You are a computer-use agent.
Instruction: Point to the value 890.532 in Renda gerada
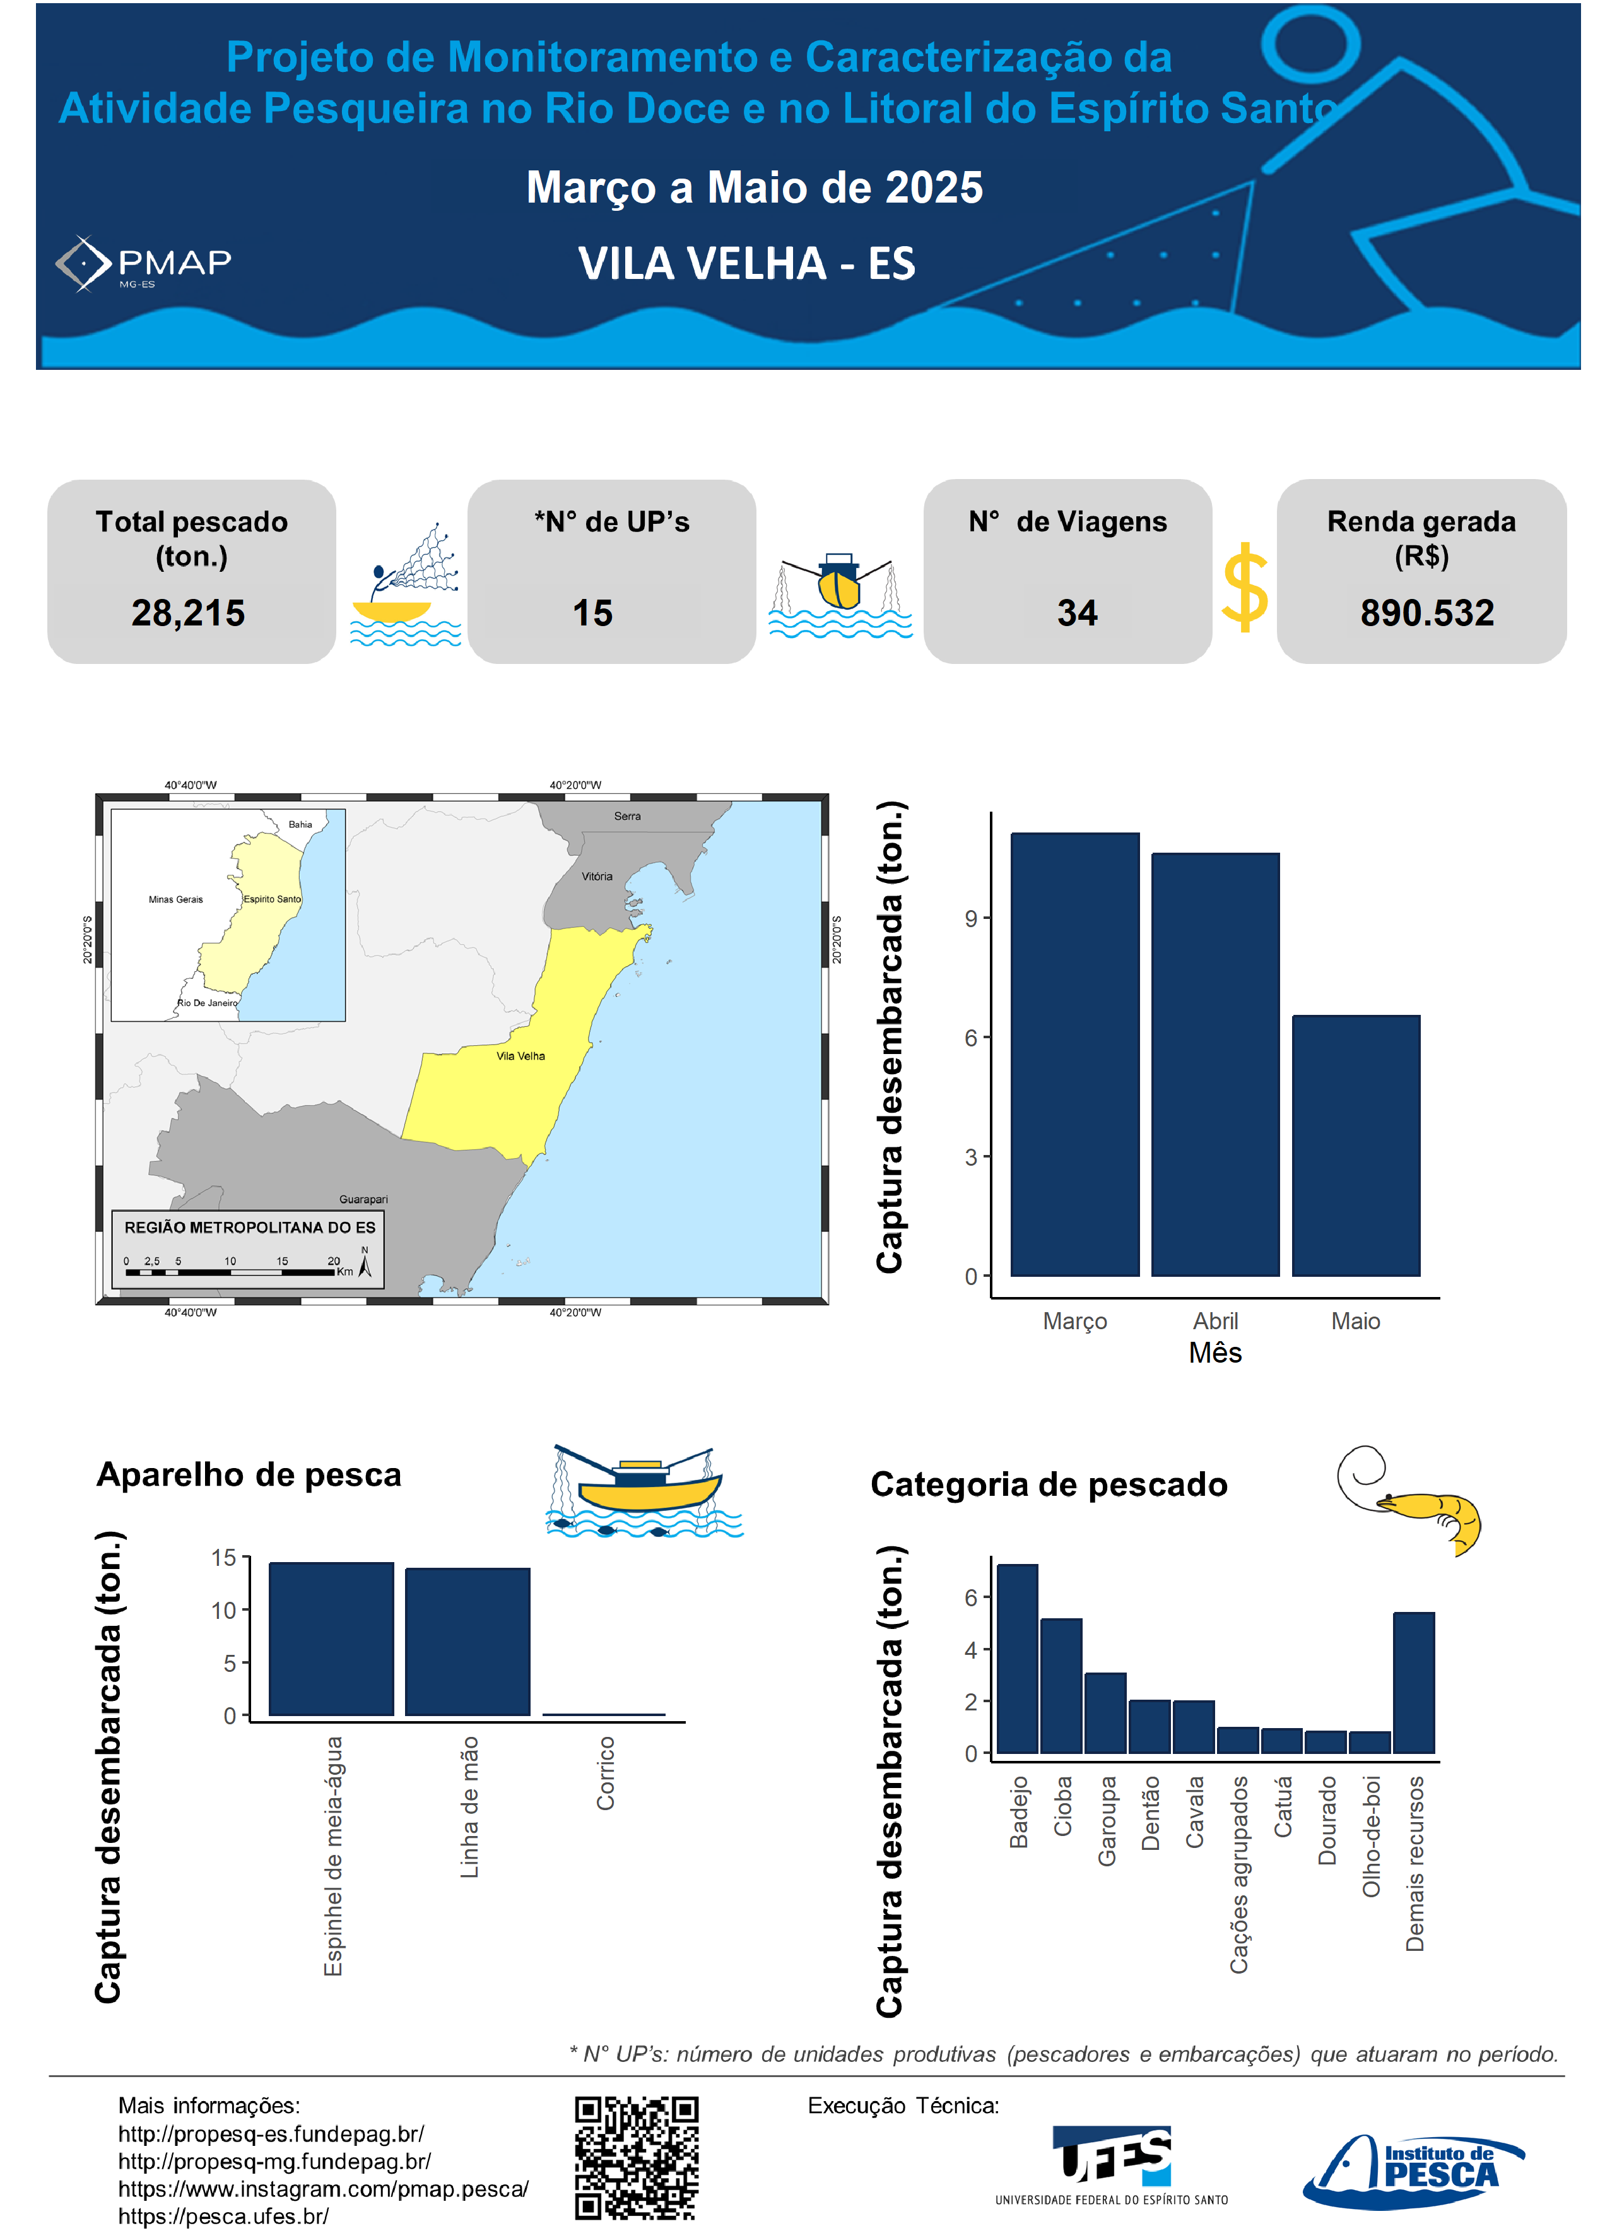(x=1426, y=613)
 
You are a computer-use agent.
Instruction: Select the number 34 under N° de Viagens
(x=1077, y=613)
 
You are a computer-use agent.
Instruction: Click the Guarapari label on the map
(x=363, y=1199)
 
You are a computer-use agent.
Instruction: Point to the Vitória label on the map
(x=596, y=876)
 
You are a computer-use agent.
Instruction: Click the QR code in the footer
(x=637, y=2157)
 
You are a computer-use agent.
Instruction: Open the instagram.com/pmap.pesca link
(x=323, y=2189)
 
